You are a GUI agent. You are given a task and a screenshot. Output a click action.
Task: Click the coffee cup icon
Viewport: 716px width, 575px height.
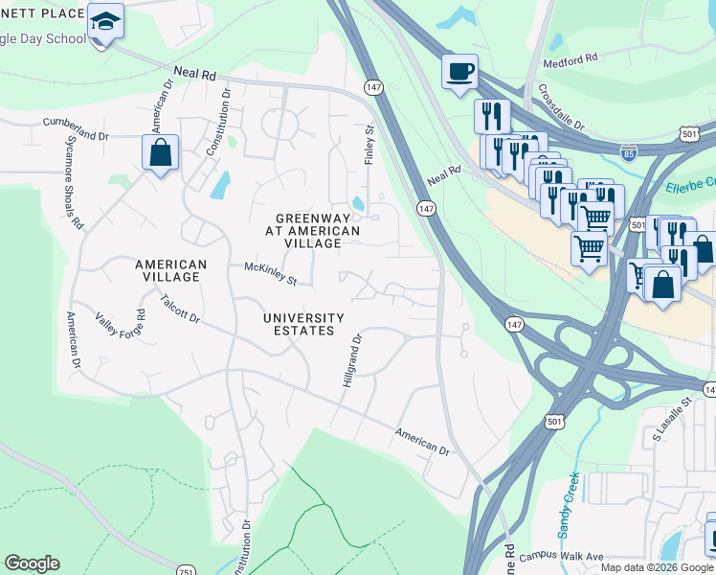point(459,71)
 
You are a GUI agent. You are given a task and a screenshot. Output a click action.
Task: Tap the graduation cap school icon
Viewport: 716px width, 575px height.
point(105,19)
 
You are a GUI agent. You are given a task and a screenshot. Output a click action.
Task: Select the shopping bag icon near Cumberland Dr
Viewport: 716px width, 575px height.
point(160,152)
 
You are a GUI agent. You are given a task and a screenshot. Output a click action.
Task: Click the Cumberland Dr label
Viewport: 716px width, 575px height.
point(76,127)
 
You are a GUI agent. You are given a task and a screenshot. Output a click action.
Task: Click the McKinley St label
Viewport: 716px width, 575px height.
point(271,274)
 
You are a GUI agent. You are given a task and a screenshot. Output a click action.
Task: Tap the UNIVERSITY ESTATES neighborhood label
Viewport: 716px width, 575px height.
point(304,324)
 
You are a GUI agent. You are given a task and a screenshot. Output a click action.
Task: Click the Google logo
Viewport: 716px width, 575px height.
point(32,563)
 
